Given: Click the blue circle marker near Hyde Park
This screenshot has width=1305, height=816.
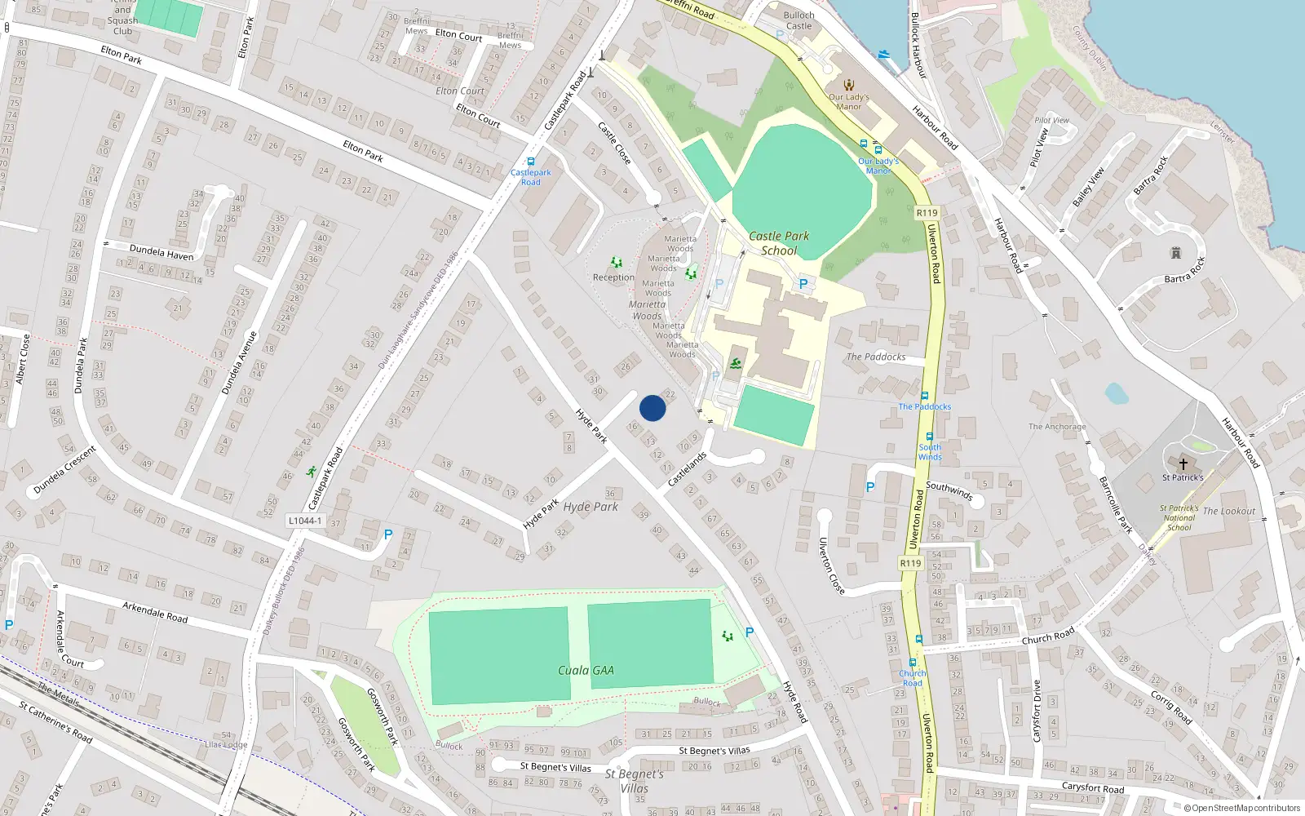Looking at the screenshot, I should tap(652, 408).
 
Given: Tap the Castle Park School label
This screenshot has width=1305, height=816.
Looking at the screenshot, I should tap(779, 243).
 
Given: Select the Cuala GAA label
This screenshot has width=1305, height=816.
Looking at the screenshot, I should tap(586, 670).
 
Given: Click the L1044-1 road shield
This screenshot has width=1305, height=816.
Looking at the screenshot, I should tap(304, 521).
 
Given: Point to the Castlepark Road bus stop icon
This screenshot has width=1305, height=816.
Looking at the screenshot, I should tap(531, 162).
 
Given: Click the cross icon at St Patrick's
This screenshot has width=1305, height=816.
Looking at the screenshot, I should tap(1183, 463).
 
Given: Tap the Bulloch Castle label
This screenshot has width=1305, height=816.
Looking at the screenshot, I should tap(798, 20).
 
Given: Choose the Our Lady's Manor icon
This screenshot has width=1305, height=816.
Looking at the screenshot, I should tap(849, 85).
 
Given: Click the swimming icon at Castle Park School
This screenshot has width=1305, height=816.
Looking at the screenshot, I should tap(736, 363).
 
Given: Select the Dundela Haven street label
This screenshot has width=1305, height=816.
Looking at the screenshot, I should tap(161, 251).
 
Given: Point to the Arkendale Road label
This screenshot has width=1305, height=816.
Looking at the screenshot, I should tap(155, 612).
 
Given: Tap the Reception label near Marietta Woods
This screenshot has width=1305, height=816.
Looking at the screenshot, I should tap(613, 277).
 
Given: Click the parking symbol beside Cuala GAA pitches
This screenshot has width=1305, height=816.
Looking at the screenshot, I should tap(750, 632).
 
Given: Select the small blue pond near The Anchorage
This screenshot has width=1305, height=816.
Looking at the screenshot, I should tap(1116, 393).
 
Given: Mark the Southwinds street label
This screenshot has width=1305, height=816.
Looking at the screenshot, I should tap(949, 490).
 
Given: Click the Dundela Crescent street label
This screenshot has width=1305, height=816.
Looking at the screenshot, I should tap(64, 470).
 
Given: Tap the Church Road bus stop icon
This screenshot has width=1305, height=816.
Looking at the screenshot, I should tap(913, 663).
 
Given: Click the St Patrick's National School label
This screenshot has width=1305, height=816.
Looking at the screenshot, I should tap(1179, 517).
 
